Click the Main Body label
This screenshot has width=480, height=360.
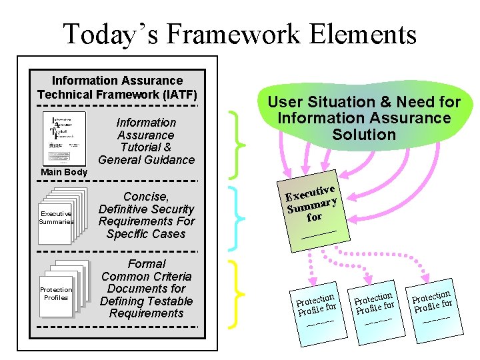(x=63, y=173)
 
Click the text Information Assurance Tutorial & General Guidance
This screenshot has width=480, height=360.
(x=146, y=141)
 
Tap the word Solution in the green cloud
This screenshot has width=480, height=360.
(x=364, y=135)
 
